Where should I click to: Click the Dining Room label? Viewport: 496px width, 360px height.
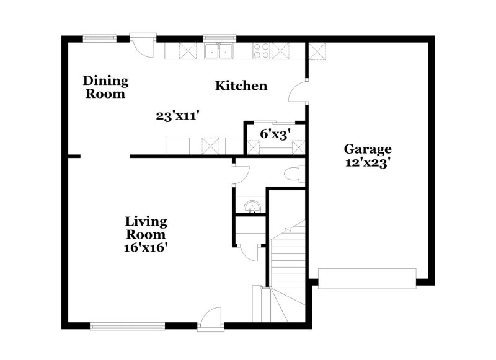[106, 87]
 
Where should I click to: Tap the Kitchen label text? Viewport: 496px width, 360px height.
[241, 86]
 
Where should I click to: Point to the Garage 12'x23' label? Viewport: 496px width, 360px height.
[368, 155]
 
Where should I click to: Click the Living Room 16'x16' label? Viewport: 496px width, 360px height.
[146, 234]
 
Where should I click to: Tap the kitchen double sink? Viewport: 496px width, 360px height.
[218, 51]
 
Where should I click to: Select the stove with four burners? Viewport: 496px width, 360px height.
[260, 50]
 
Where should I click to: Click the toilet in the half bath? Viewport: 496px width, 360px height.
[294, 174]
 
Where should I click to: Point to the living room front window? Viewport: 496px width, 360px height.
[127, 325]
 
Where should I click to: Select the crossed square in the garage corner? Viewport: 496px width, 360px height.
[317, 50]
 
